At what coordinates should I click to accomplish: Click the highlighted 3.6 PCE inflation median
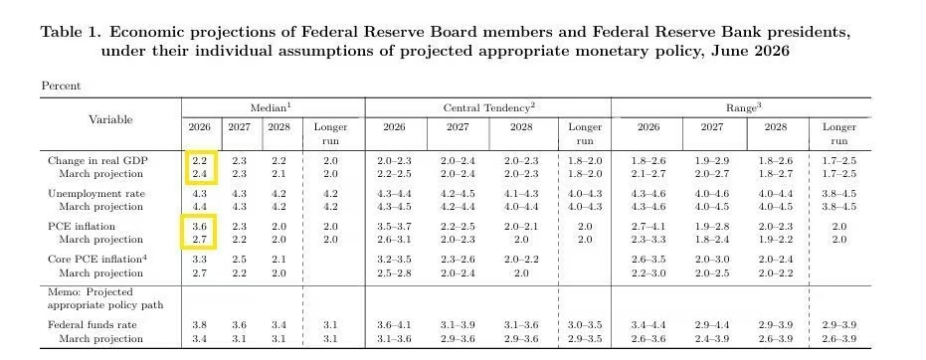click(x=199, y=227)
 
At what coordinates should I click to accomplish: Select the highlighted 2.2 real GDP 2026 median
click(x=199, y=161)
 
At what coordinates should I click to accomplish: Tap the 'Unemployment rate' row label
click(x=96, y=194)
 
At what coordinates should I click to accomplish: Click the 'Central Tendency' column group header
click(x=489, y=107)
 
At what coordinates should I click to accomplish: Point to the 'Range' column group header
click(x=741, y=107)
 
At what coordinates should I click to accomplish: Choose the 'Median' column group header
click(x=272, y=107)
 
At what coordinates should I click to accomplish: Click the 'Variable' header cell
click(x=110, y=119)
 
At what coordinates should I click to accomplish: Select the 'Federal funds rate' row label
click(x=93, y=325)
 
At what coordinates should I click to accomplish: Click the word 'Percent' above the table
click(x=61, y=86)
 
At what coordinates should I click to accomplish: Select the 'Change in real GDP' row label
click(x=98, y=161)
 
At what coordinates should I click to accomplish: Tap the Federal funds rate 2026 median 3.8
click(x=199, y=325)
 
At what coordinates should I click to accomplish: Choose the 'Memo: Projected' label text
click(x=91, y=292)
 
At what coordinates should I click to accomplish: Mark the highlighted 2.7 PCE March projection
click(x=199, y=240)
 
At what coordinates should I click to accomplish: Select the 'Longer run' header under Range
click(x=839, y=134)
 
